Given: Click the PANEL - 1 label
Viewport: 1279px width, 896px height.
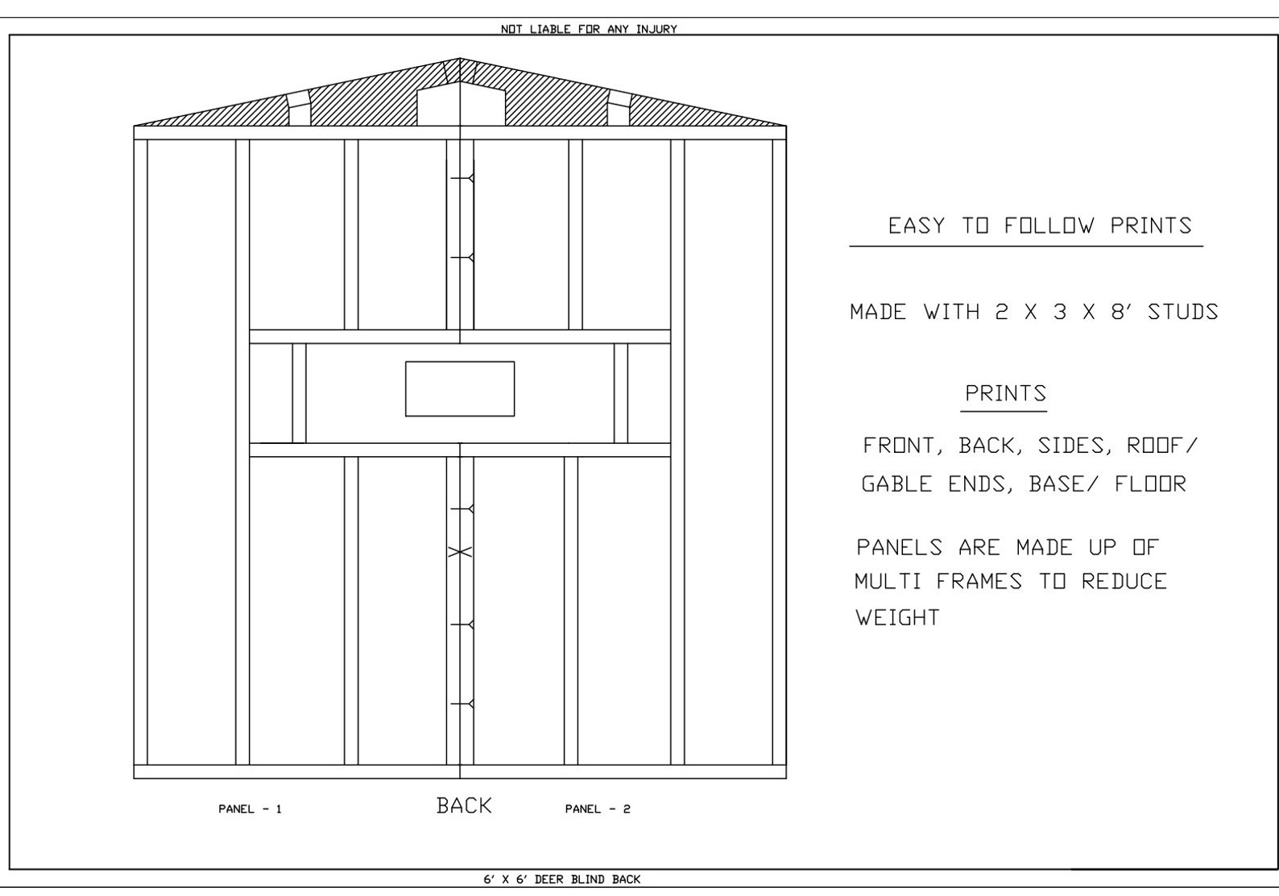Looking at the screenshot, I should pyautogui.click(x=250, y=809).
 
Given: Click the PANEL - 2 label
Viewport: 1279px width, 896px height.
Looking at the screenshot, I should pyautogui.click(x=598, y=809).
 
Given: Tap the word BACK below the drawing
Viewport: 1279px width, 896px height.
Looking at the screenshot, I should pyautogui.click(x=464, y=805).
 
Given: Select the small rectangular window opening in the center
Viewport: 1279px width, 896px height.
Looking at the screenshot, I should pyautogui.click(x=460, y=389).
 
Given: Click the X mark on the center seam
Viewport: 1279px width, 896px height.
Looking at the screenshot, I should pyautogui.click(x=459, y=552).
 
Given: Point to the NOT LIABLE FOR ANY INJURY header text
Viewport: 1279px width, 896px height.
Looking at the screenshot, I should pyautogui.click(x=589, y=29).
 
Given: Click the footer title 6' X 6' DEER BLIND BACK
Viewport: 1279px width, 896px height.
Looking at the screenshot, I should pyautogui.click(x=561, y=879).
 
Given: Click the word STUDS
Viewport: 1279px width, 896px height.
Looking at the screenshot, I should pyautogui.click(x=1182, y=312).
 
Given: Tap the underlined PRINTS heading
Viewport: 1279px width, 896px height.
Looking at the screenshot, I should pyautogui.click(x=1005, y=393).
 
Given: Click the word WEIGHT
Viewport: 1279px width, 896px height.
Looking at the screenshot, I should pyautogui.click(x=897, y=618).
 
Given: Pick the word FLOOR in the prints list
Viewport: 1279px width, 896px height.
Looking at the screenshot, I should pyautogui.click(x=1150, y=484).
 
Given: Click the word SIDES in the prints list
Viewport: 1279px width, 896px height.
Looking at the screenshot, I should pyautogui.click(x=1070, y=446).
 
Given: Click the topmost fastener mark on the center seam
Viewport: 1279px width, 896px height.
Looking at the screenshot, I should pyautogui.click(x=462, y=177).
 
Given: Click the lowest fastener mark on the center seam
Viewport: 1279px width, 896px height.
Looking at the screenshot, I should pyautogui.click(x=462, y=704).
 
